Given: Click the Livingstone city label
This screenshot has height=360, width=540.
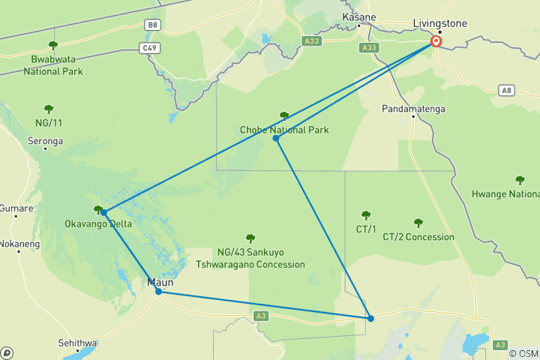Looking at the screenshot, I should click(439, 23).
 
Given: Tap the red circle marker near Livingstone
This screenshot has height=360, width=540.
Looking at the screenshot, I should click(436, 43).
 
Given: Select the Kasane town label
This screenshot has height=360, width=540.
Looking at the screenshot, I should click(358, 16).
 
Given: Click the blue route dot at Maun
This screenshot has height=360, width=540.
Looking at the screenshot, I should click(158, 291).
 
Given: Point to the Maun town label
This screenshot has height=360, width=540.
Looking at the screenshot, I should click(161, 282).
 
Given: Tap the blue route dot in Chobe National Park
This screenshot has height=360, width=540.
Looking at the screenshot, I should click(276, 138).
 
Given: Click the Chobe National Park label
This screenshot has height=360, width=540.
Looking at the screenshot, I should click(284, 130).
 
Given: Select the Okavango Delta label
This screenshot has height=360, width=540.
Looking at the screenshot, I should click(98, 223).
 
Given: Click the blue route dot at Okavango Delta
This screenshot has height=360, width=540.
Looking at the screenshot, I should click(103, 213).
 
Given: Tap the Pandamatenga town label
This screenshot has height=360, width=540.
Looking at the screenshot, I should click(412, 109).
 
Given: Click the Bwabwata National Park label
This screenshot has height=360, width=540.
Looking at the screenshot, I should click(52, 65).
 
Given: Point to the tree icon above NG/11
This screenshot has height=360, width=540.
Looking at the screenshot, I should click(49, 109).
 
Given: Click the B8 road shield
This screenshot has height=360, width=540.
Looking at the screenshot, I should click(153, 25).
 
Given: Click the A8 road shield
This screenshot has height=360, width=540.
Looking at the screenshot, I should click(507, 90).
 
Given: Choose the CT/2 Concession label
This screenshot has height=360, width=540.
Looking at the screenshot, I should click(418, 237).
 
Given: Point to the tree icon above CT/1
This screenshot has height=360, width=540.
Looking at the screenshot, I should click(366, 216).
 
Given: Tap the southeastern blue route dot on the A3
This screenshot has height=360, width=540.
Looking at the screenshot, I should click(370, 319).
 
